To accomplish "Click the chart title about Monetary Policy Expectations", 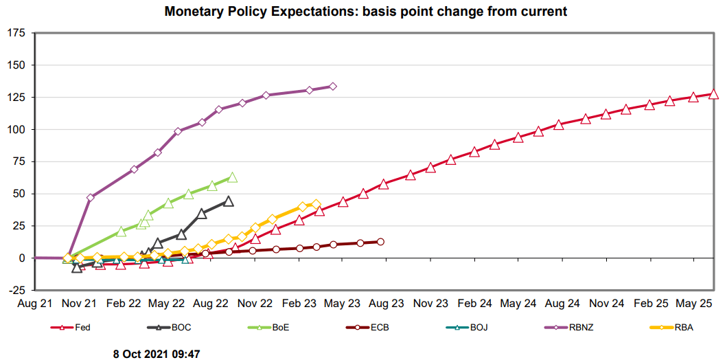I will (365, 12).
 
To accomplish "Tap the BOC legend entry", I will (181, 328).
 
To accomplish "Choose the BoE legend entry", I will (280, 328).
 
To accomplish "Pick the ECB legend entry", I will (380, 328).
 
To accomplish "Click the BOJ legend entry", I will (478, 328).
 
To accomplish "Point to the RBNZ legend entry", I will (579, 328).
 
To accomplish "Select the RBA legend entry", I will (682, 328).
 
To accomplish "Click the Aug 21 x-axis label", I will (36, 302).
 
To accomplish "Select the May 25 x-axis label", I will (695, 302).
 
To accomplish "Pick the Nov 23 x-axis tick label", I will (431, 302).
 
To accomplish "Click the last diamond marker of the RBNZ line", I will (333, 87).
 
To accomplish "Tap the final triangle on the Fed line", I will (714, 94).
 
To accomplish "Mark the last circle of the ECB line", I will (380, 242).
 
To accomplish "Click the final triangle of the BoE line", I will (232, 177).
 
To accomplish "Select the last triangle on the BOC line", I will (229, 201).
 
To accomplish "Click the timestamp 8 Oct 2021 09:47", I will (157, 353).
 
